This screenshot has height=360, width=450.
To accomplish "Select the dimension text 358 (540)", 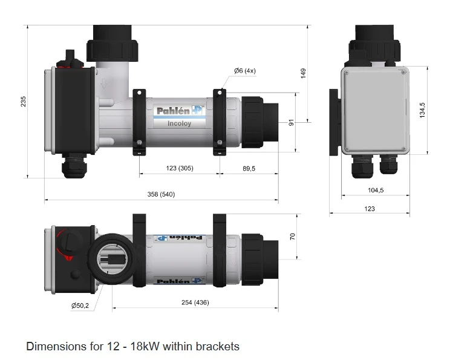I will (161, 194).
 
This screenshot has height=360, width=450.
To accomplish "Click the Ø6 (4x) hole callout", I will (245, 71).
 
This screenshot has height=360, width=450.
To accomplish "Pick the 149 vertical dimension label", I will (304, 73).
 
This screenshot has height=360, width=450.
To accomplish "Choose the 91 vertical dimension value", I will (291, 123).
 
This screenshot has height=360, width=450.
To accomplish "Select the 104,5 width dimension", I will (376, 190).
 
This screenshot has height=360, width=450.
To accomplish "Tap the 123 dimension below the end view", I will (370, 209).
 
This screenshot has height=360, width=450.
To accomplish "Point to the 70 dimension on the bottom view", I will (293, 236).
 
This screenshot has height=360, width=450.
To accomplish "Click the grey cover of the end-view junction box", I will (375, 109).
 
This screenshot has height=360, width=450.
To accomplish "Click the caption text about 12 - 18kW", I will (132, 347).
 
